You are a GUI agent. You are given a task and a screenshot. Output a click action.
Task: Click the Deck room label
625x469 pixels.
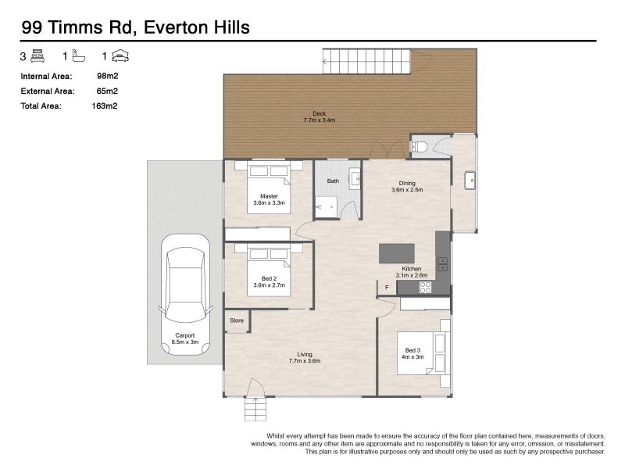(320, 113)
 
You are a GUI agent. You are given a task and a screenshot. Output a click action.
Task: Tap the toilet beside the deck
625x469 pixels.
(420, 148)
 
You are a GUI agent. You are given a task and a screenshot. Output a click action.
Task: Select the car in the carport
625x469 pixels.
(185, 295)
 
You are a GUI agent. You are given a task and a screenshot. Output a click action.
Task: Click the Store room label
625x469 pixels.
(237, 320)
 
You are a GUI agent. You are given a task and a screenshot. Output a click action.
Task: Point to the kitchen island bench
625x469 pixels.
(397, 253)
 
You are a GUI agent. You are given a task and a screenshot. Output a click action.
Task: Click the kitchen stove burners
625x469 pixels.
(425, 287)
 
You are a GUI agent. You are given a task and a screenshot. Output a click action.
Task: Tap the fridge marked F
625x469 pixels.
(387, 287)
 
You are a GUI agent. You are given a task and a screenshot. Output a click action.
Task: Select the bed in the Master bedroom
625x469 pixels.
(269, 188)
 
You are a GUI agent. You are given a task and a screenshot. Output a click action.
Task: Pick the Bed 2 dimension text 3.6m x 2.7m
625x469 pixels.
(269, 285)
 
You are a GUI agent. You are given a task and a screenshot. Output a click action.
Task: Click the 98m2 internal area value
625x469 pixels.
(108, 76)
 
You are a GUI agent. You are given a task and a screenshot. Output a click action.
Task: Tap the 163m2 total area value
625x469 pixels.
(105, 106)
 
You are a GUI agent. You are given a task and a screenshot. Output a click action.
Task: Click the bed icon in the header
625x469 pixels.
(37, 55)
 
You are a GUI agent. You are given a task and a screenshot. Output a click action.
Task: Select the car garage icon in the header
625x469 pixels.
(120, 55)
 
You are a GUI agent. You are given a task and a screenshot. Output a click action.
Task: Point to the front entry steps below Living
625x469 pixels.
(255, 409)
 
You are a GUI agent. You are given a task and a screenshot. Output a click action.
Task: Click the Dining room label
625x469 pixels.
(407, 184)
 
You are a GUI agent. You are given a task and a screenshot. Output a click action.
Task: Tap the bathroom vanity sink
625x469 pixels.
(355, 178)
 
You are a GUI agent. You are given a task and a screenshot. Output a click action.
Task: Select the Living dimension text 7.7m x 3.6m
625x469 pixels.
(305, 361)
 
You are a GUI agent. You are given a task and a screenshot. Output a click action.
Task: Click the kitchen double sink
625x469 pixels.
(443, 264)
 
